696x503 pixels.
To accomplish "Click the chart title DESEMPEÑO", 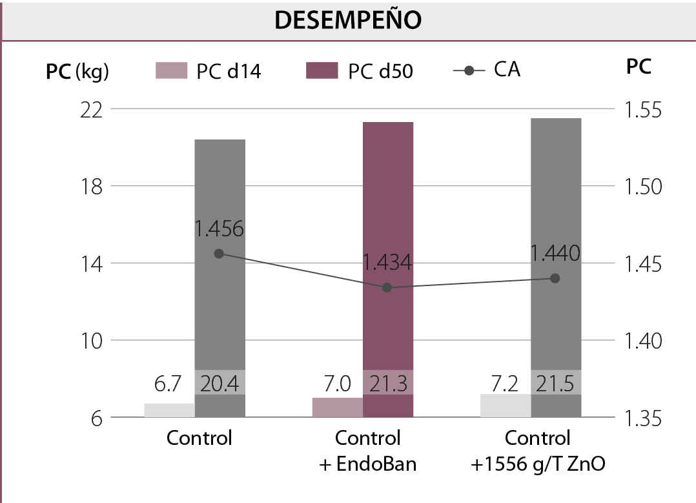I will (x=348, y=20).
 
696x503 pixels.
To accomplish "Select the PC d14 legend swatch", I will (x=171, y=70).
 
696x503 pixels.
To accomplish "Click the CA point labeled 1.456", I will (x=219, y=254).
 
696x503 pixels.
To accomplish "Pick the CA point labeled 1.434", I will (x=387, y=287).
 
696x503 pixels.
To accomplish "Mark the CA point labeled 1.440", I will (x=555, y=278).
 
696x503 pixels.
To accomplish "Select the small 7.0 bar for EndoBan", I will (x=337, y=407).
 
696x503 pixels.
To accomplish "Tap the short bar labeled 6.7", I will (x=169, y=411).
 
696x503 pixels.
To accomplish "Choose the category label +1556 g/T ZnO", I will (x=538, y=464).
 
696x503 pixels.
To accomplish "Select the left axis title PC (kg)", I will (x=77, y=72).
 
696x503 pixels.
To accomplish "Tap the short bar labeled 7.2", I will (x=506, y=405).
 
